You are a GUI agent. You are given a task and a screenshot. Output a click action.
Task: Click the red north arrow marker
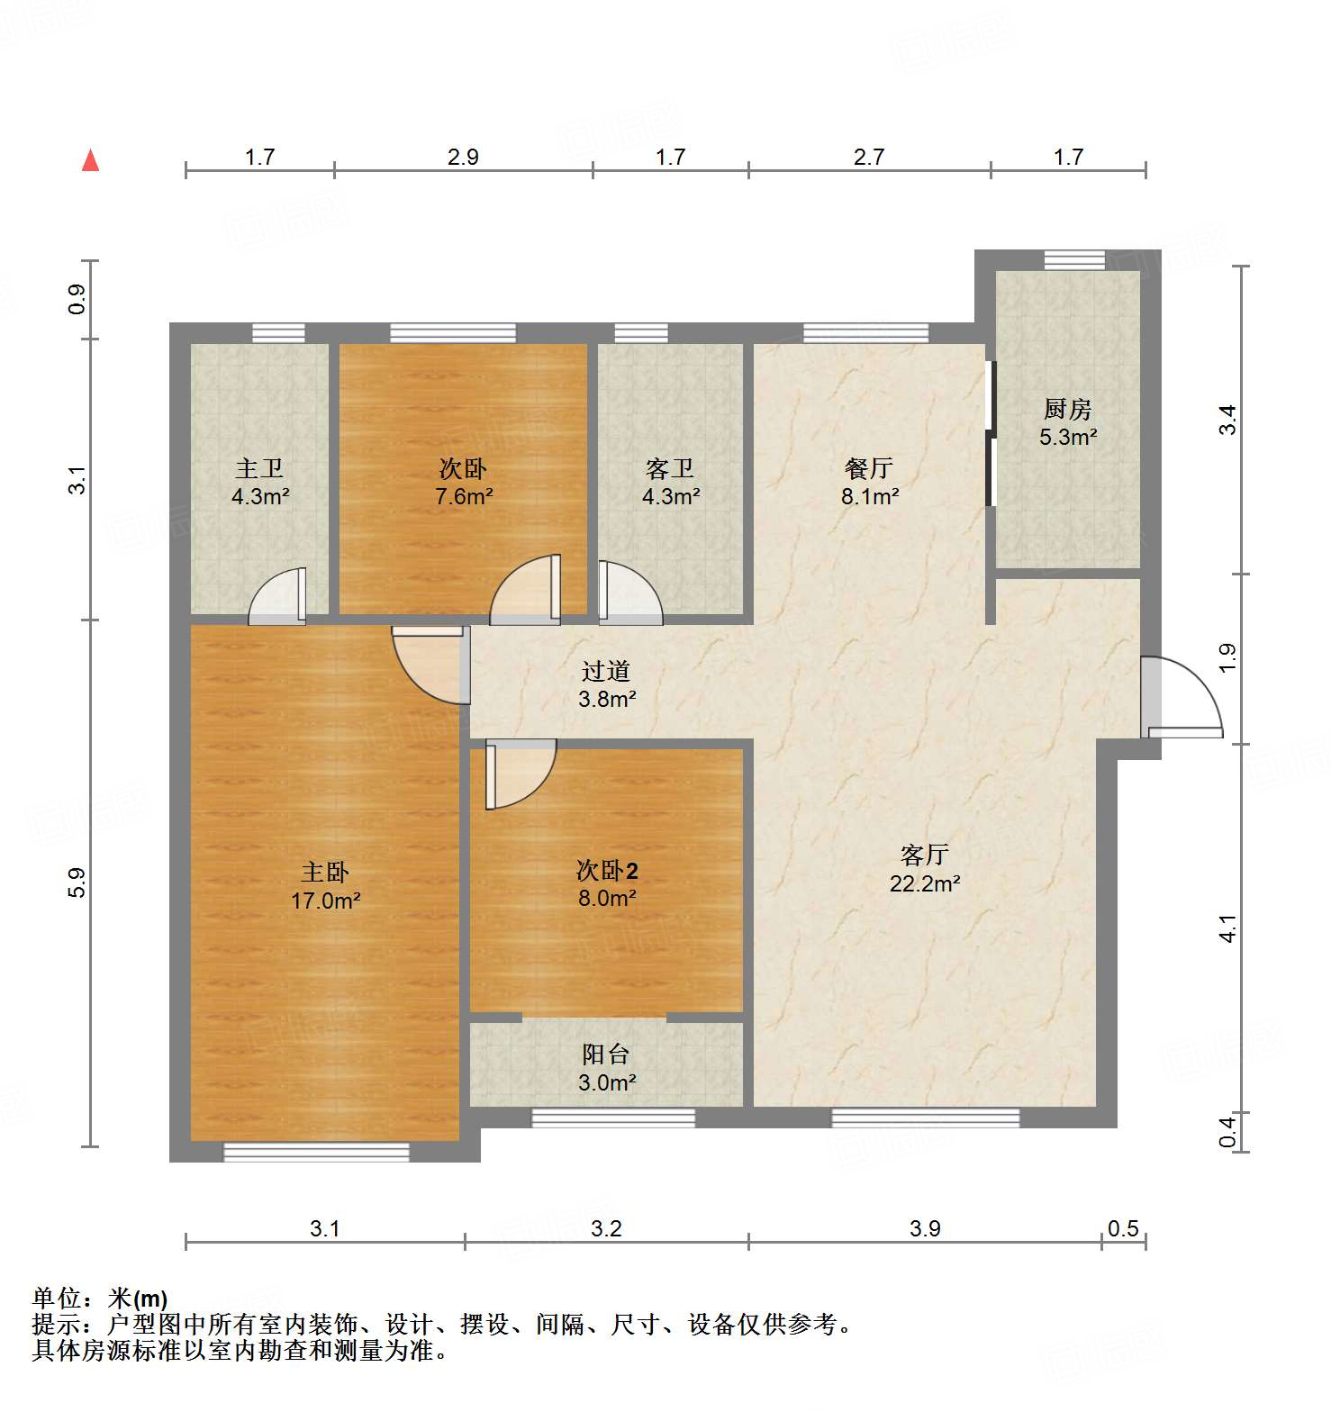pos(90,160)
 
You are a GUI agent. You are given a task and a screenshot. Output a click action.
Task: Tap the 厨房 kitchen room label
pos(1068,410)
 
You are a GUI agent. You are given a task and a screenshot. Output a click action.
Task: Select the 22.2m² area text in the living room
pos(925,883)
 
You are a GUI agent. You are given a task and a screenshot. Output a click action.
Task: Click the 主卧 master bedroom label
pos(325,872)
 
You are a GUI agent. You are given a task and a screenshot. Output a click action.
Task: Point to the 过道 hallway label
pos(606,671)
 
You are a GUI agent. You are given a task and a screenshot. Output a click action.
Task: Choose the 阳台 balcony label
pos(606,1054)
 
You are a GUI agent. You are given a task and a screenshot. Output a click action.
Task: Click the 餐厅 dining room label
pos(869,468)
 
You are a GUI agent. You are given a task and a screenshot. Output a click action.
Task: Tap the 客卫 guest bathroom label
pos(670,468)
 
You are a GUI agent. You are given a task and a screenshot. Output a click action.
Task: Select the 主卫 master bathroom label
pos(259,468)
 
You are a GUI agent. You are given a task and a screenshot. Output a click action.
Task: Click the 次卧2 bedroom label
pos(607,870)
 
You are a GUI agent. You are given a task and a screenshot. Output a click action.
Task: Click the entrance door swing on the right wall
pos(1182,698)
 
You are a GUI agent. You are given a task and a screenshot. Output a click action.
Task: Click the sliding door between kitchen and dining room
pos(991,434)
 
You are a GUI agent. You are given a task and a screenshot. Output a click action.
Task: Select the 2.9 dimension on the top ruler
pos(463,157)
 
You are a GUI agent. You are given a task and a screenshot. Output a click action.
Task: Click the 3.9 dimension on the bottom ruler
pos(925,1228)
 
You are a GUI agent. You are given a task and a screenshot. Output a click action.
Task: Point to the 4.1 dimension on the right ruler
pos(1228,928)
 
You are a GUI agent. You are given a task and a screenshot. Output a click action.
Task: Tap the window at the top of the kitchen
pos(1074,260)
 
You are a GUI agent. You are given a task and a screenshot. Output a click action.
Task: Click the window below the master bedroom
pos(316,1152)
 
